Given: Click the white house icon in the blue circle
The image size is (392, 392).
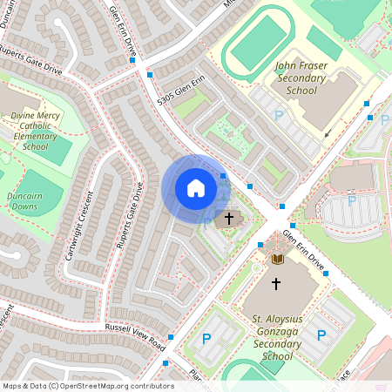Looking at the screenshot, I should click(195, 188).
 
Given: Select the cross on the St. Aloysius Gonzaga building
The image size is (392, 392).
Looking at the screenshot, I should click(276, 283).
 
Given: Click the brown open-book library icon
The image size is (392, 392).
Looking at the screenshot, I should click(278, 260).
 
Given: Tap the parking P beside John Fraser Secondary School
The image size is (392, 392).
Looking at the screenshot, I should click(279, 115).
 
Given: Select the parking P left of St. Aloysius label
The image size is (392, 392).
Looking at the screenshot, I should click(206, 338).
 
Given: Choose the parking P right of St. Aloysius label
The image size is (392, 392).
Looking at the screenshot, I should click(321, 335).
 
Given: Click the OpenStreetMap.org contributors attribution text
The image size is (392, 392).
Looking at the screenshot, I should click(87, 386).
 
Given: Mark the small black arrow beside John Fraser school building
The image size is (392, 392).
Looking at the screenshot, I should click(328, 135).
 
